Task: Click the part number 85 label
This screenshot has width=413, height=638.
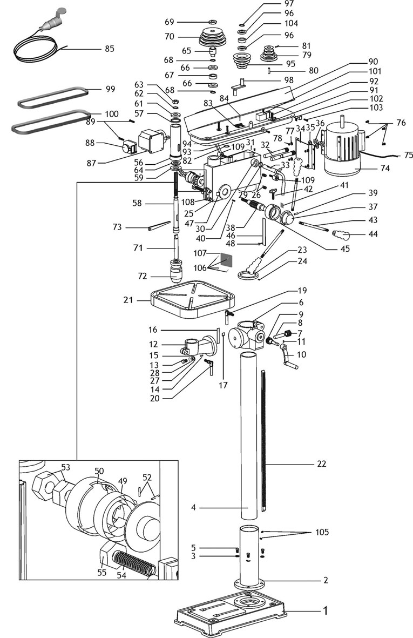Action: [110, 49]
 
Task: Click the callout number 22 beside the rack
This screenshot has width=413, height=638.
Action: [321, 464]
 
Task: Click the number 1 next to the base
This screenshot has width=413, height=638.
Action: [325, 611]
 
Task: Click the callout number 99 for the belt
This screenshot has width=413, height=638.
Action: [110, 89]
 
